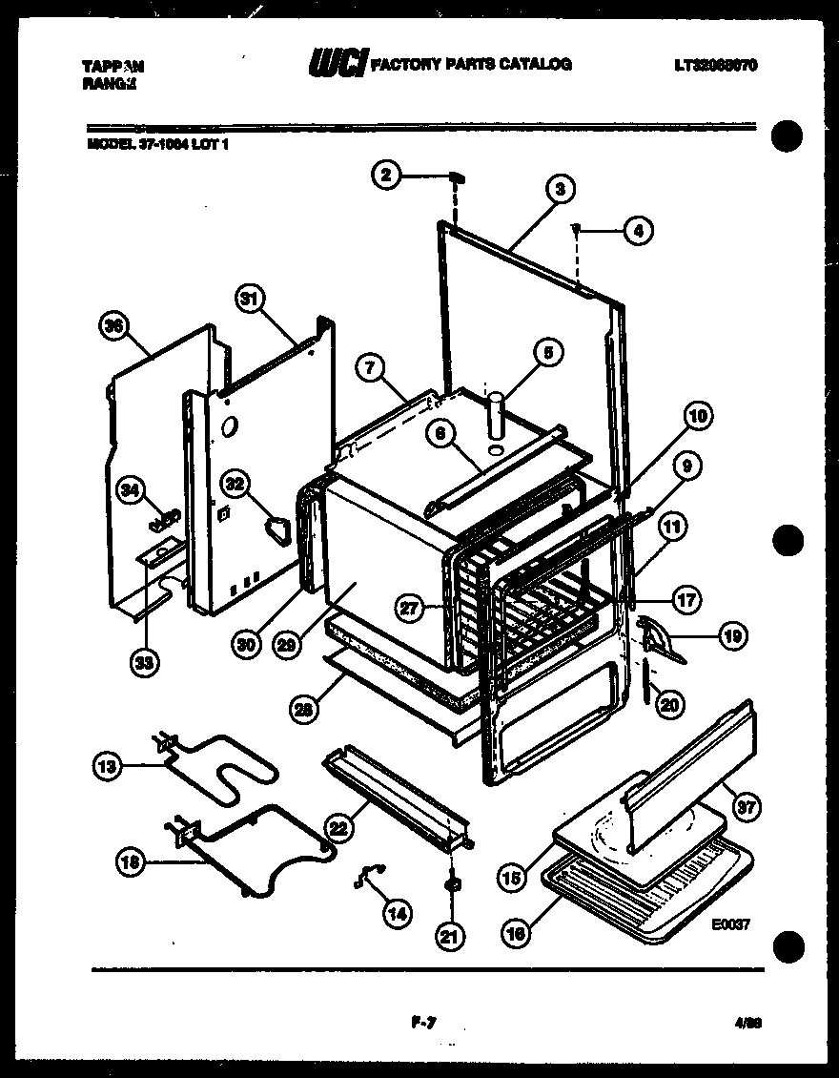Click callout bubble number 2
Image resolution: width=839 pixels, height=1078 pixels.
(x=385, y=175)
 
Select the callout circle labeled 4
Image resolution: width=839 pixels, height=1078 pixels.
(x=638, y=229)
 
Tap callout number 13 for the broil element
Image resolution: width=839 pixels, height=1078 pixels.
(x=108, y=764)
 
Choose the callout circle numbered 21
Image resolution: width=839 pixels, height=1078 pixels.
(x=449, y=938)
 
